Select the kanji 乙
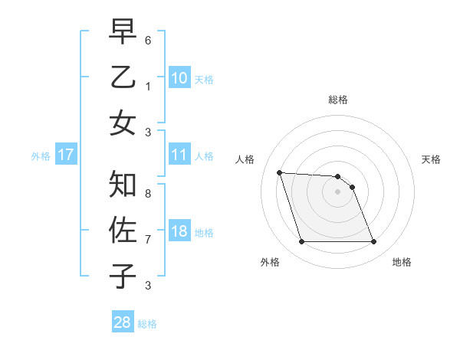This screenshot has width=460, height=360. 123,80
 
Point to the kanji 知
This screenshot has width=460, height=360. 123,185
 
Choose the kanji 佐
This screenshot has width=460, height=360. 123,231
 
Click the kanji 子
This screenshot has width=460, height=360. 123,277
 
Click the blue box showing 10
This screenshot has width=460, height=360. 179,77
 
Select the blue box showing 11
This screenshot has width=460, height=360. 179,155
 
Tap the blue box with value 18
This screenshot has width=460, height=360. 179,231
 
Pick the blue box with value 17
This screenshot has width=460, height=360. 65,155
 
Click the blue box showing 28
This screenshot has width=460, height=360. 123,322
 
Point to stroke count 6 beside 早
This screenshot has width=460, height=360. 148,39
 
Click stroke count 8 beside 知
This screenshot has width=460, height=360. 148,194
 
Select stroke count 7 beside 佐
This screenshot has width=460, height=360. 148,240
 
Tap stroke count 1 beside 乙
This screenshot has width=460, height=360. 148,87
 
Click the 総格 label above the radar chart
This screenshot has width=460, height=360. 338,100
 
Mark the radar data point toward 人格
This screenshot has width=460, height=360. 279,172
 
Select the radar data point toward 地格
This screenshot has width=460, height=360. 373,242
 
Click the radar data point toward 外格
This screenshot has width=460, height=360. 301,242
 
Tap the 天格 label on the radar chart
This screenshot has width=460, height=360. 431,159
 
